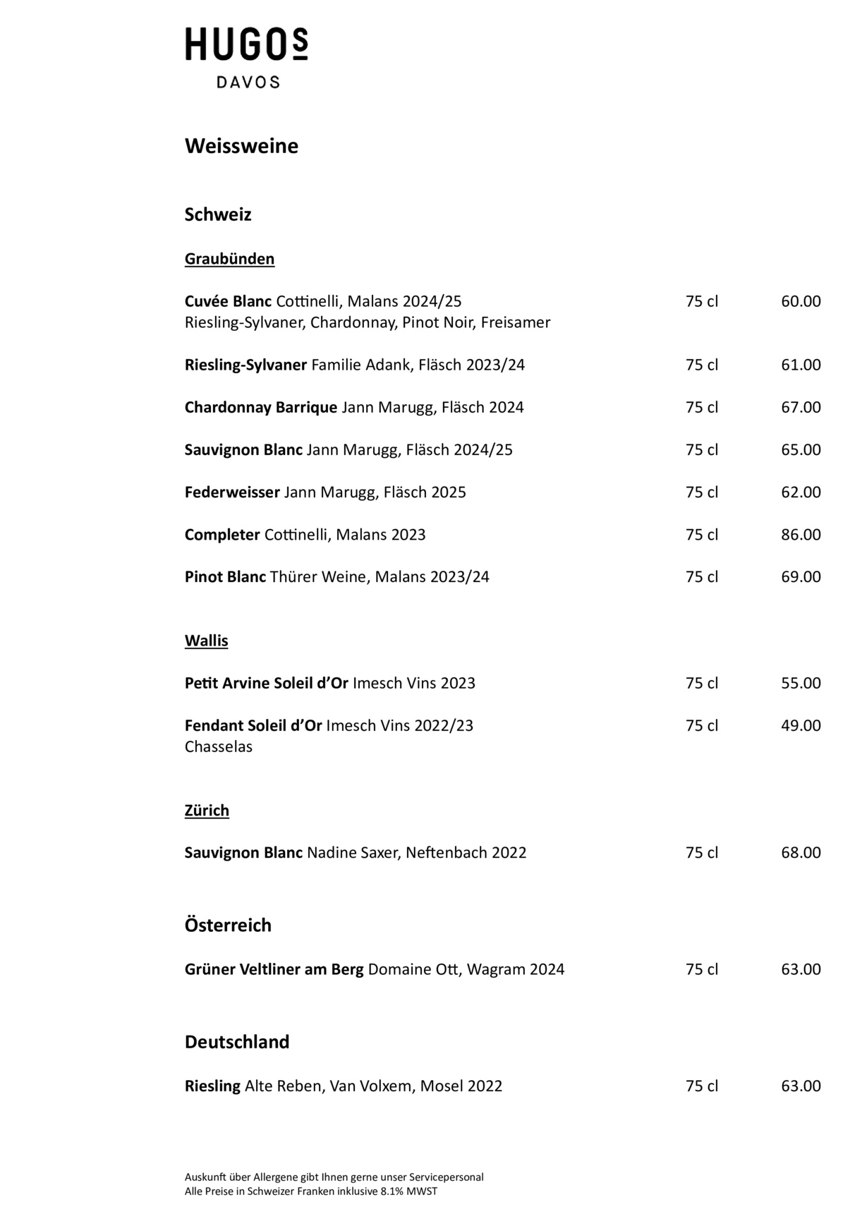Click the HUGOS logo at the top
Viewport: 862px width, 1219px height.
coord(246,44)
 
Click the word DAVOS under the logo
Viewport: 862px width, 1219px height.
coord(248,83)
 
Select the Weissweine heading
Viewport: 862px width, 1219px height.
coord(241,146)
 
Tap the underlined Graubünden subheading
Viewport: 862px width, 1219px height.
coord(229,259)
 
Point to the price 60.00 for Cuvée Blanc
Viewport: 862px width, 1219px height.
coord(801,301)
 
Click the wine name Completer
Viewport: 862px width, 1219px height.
coord(222,535)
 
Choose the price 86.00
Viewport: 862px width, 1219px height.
coord(801,535)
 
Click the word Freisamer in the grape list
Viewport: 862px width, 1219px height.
coord(515,322)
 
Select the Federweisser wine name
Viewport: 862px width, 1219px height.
coord(232,492)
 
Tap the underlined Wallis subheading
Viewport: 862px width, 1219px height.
coord(206,641)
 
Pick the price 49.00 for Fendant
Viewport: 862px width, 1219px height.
coord(801,725)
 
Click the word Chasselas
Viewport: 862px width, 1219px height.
coord(218,746)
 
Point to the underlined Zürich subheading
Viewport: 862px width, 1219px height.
coord(207,811)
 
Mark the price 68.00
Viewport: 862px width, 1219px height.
coord(801,852)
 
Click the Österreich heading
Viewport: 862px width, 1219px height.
coord(228,925)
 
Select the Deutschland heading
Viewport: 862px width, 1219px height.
coord(237,1042)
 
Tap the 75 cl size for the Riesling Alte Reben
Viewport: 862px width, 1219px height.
coord(701,1086)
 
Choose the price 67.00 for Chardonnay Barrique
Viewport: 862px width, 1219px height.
coord(801,407)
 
